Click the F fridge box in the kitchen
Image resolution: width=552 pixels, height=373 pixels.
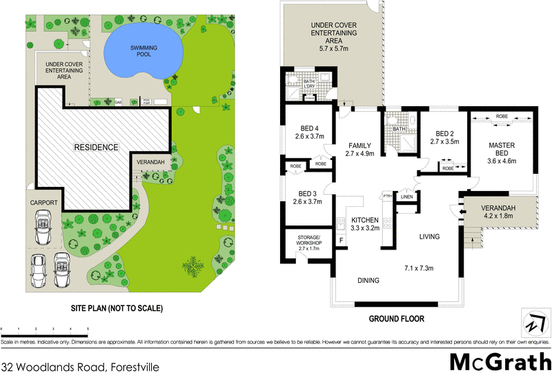340,241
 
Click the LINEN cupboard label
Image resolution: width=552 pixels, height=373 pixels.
406,198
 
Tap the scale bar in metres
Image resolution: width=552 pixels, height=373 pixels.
45,332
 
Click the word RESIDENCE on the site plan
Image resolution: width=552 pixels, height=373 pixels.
97,148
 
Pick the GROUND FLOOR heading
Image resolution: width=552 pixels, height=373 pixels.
396,319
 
